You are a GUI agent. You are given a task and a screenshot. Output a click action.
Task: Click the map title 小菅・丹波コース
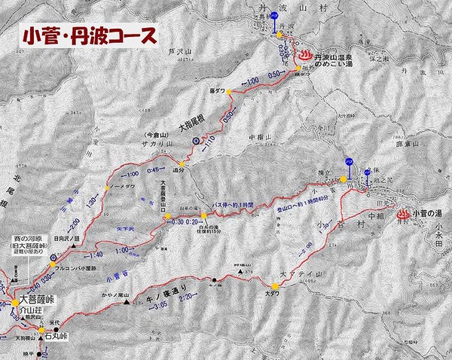(90, 35)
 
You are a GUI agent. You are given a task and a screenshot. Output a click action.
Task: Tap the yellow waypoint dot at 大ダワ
(275, 286)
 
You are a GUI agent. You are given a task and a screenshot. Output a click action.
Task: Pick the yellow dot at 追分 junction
(181, 163)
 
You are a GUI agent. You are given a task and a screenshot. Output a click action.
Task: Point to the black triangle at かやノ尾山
(127, 304)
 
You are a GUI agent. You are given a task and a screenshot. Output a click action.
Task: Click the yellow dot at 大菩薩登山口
(168, 218)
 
